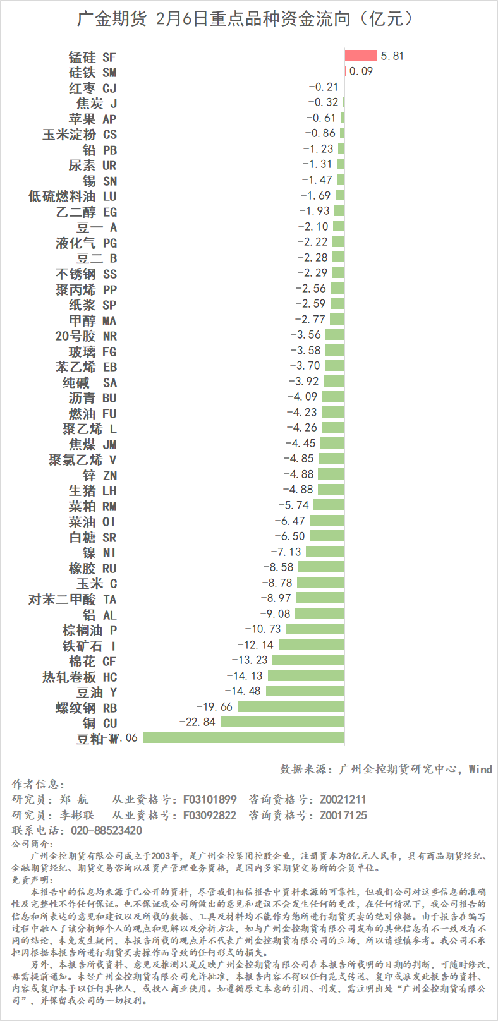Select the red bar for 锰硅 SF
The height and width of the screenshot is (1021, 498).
click(360, 56)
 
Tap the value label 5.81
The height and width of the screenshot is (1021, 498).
click(392, 56)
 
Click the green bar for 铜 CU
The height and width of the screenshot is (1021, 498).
click(282, 722)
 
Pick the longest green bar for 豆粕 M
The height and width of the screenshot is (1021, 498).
click(244, 737)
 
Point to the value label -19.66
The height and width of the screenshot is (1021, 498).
click(214, 706)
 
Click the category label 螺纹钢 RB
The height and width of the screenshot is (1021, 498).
click(86, 708)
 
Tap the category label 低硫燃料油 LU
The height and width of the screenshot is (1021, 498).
click(73, 196)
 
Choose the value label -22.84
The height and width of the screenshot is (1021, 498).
click(197, 722)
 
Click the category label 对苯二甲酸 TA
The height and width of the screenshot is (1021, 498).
click(73, 599)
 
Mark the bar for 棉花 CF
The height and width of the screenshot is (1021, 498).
click(308, 660)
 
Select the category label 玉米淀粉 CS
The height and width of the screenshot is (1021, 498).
click(80, 135)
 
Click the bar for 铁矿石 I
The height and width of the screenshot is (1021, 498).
click(311, 644)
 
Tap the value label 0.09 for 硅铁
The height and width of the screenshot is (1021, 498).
click(361, 71)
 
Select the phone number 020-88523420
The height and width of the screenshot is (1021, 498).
click(106, 830)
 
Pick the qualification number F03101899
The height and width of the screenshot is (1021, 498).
click(210, 799)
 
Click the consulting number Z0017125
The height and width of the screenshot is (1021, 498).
click(343, 815)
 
